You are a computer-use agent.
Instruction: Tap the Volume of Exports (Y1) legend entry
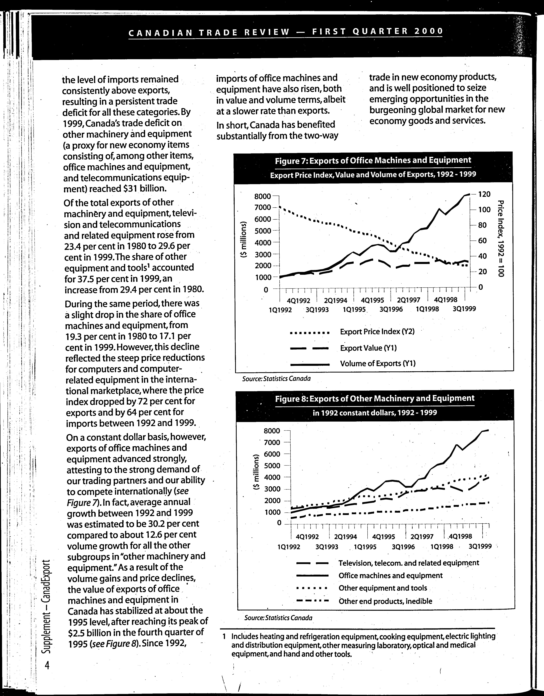(378, 363)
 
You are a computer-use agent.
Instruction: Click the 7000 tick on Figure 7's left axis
(262, 208)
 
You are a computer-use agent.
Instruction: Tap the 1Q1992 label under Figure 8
(289, 547)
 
